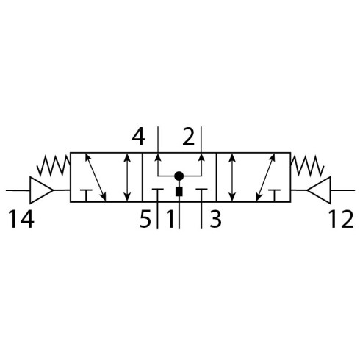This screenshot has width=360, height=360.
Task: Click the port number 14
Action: [21, 220]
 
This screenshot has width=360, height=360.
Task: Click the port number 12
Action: [341, 220]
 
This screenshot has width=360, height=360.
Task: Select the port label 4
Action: [138, 137]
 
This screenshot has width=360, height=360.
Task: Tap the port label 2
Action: [189, 137]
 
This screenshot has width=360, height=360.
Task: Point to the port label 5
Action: [145, 220]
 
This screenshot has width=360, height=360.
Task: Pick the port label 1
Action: [170, 220]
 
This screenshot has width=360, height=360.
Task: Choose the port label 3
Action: [215, 220]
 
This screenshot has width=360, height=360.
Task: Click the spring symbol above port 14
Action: [54, 166]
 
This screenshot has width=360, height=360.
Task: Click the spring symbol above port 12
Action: [307, 166]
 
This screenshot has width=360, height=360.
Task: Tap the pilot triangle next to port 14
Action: [41, 190]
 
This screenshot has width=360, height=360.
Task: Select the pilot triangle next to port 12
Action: [320, 190]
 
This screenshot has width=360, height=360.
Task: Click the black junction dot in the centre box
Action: [179, 176]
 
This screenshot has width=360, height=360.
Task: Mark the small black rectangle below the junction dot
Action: [179, 192]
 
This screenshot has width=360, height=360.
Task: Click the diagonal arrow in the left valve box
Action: [96, 177]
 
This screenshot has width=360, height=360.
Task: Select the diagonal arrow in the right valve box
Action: [265, 177]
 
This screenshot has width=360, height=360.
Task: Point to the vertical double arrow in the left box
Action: [127, 177]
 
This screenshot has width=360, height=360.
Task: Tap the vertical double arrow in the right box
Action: [232, 177]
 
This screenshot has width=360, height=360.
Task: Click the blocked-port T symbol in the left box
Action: [86, 195]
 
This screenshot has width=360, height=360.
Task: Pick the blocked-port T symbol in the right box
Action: [274, 195]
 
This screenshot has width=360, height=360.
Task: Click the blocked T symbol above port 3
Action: [201, 190]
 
